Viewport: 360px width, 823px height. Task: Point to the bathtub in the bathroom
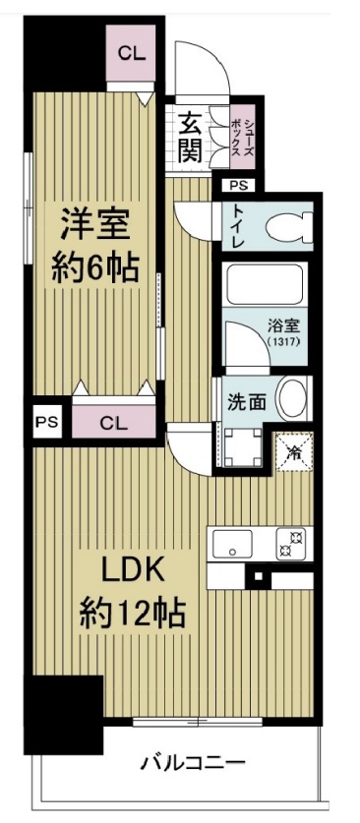point(266,284)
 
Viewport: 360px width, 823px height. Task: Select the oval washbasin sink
point(293,400)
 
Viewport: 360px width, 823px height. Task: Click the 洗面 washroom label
point(245,401)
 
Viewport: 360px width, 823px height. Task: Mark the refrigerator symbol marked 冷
point(293,453)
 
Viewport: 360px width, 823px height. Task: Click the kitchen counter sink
point(232,543)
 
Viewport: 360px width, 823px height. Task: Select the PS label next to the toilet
point(239,185)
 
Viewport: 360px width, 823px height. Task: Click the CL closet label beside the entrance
point(131,55)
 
